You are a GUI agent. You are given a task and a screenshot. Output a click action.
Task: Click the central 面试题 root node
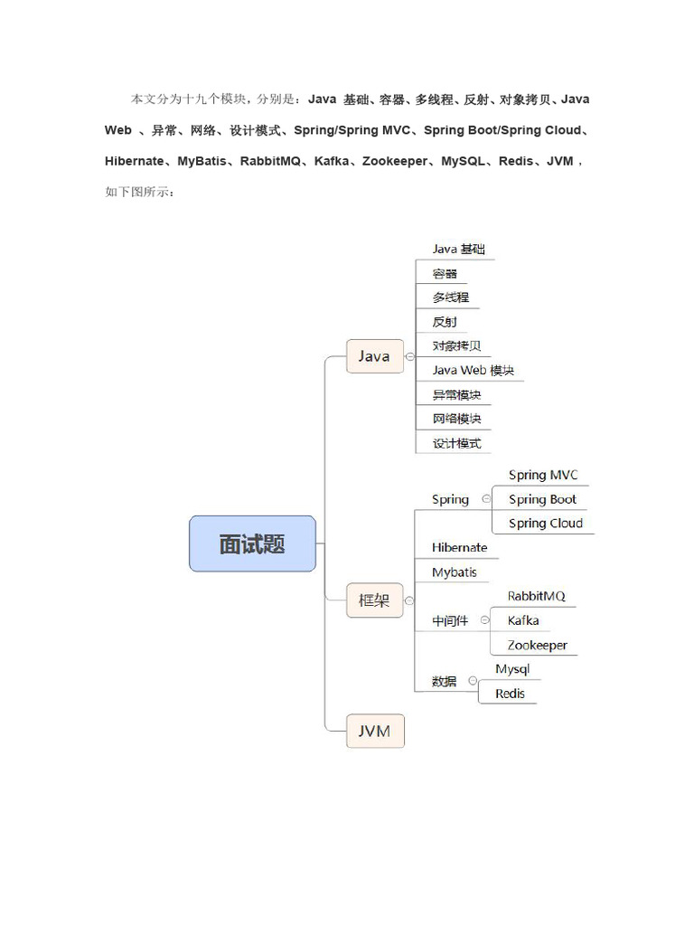(x=252, y=543)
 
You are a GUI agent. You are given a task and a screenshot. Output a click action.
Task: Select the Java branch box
(x=374, y=356)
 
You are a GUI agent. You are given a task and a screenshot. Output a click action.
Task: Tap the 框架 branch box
(x=374, y=600)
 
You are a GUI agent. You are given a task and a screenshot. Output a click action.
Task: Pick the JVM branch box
(x=374, y=731)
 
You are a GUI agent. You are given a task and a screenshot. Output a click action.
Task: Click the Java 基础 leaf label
(x=461, y=249)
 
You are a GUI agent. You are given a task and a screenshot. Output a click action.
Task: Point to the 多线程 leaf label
(x=451, y=298)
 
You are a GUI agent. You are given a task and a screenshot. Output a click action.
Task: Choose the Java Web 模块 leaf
(x=473, y=370)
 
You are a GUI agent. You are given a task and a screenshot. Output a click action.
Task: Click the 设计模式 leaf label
(x=456, y=443)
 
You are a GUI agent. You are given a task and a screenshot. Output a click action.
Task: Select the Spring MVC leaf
(x=543, y=475)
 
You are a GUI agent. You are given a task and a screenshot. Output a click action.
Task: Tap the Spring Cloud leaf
(x=545, y=524)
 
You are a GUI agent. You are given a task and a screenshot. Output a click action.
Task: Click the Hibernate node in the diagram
(x=459, y=548)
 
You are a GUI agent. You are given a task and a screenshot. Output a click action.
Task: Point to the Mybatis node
(x=454, y=572)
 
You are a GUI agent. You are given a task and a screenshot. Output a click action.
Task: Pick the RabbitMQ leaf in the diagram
(x=536, y=596)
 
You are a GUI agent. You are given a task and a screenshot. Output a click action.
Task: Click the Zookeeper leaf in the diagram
(x=537, y=645)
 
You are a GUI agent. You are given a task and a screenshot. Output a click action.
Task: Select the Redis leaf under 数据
(x=510, y=694)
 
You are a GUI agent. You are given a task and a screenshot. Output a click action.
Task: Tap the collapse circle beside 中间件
(x=485, y=620)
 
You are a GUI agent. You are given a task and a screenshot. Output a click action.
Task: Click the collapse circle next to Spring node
(x=486, y=498)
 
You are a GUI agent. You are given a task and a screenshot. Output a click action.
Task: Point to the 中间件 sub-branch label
(x=450, y=621)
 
